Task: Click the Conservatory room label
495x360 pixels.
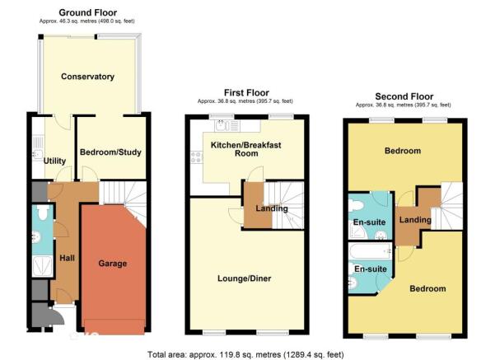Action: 87,77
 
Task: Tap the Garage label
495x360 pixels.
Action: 112,264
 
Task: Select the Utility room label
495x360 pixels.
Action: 54,161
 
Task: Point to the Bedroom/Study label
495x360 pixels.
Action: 110,152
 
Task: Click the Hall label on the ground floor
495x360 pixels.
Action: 67,258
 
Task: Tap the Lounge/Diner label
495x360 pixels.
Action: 245,278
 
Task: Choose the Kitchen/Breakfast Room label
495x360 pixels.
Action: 246,149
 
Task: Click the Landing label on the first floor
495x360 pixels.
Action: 272,208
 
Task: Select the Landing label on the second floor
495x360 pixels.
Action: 415,220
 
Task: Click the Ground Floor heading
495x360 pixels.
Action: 88,12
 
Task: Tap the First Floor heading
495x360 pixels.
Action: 246,93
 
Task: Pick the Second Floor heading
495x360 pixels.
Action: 404,96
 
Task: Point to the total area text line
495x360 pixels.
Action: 245,354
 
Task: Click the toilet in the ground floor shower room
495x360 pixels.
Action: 42,213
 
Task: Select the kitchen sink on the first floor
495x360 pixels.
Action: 227,126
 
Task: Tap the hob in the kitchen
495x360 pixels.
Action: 197,157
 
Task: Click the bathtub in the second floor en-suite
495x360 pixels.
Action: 370,251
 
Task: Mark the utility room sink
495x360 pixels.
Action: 38,154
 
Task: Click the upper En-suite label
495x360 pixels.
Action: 369,222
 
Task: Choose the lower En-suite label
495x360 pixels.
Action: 371,269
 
